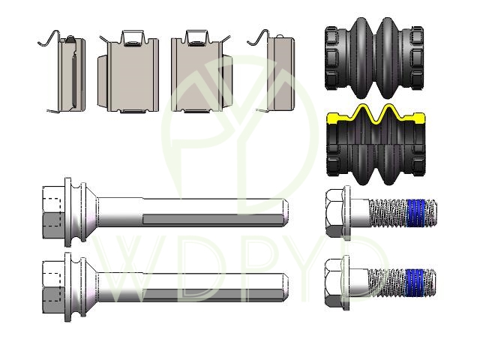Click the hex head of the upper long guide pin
coord(53,212)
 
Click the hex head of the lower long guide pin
coord(53,287)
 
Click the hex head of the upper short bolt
coord(335,213)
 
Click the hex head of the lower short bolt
coord(334,283)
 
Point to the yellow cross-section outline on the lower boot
coord(376,115)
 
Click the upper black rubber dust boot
coord(374,58)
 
